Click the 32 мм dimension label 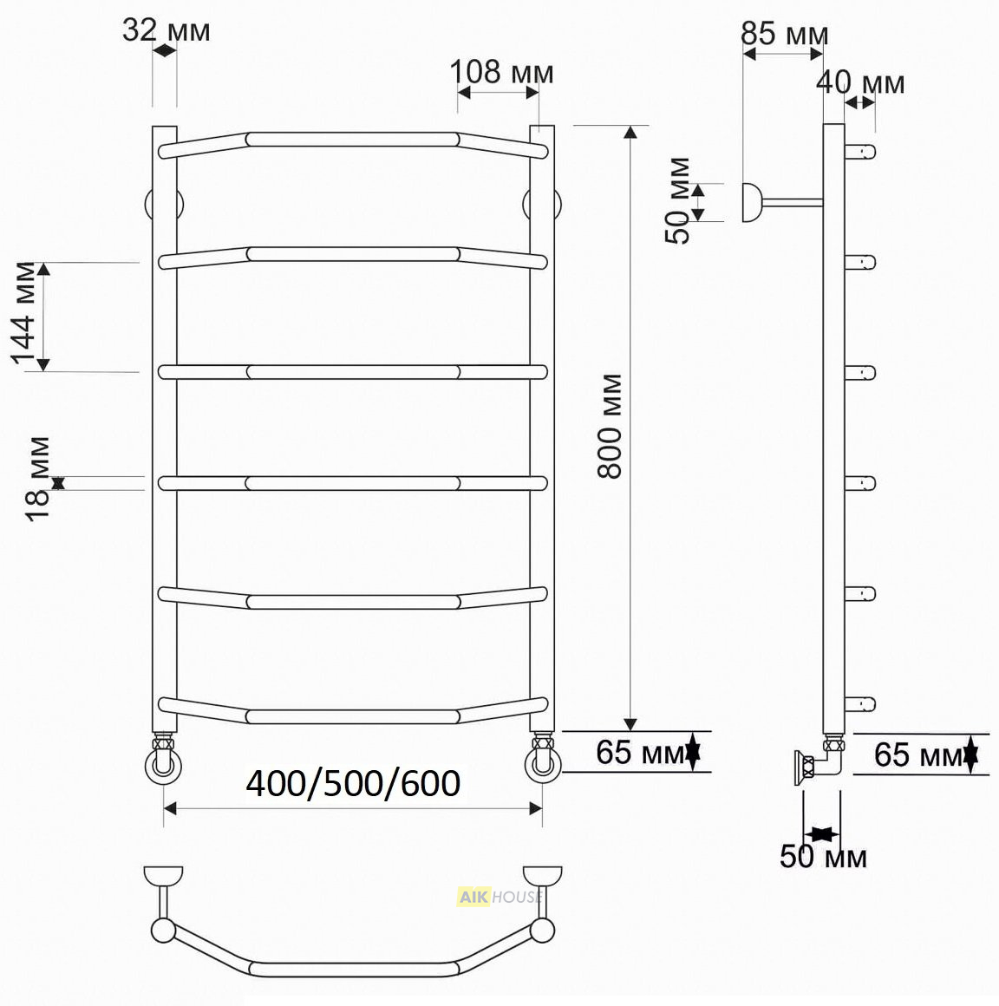[166, 30]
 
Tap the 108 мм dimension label [502, 73]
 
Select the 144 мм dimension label [24, 313]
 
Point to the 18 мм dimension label [38, 479]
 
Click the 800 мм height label [610, 426]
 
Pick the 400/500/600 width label [353, 783]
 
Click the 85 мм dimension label [784, 34]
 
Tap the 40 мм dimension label [860, 82]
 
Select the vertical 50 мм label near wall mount [677, 200]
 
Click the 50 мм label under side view [823, 856]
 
